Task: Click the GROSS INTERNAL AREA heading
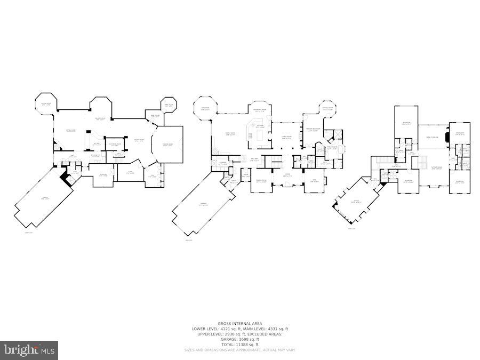coord(240,324)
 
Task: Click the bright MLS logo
coord(30,350)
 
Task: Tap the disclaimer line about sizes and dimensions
coord(240,349)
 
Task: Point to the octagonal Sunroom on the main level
coord(205,110)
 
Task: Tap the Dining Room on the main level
coord(261,182)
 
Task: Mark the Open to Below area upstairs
coord(432,137)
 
